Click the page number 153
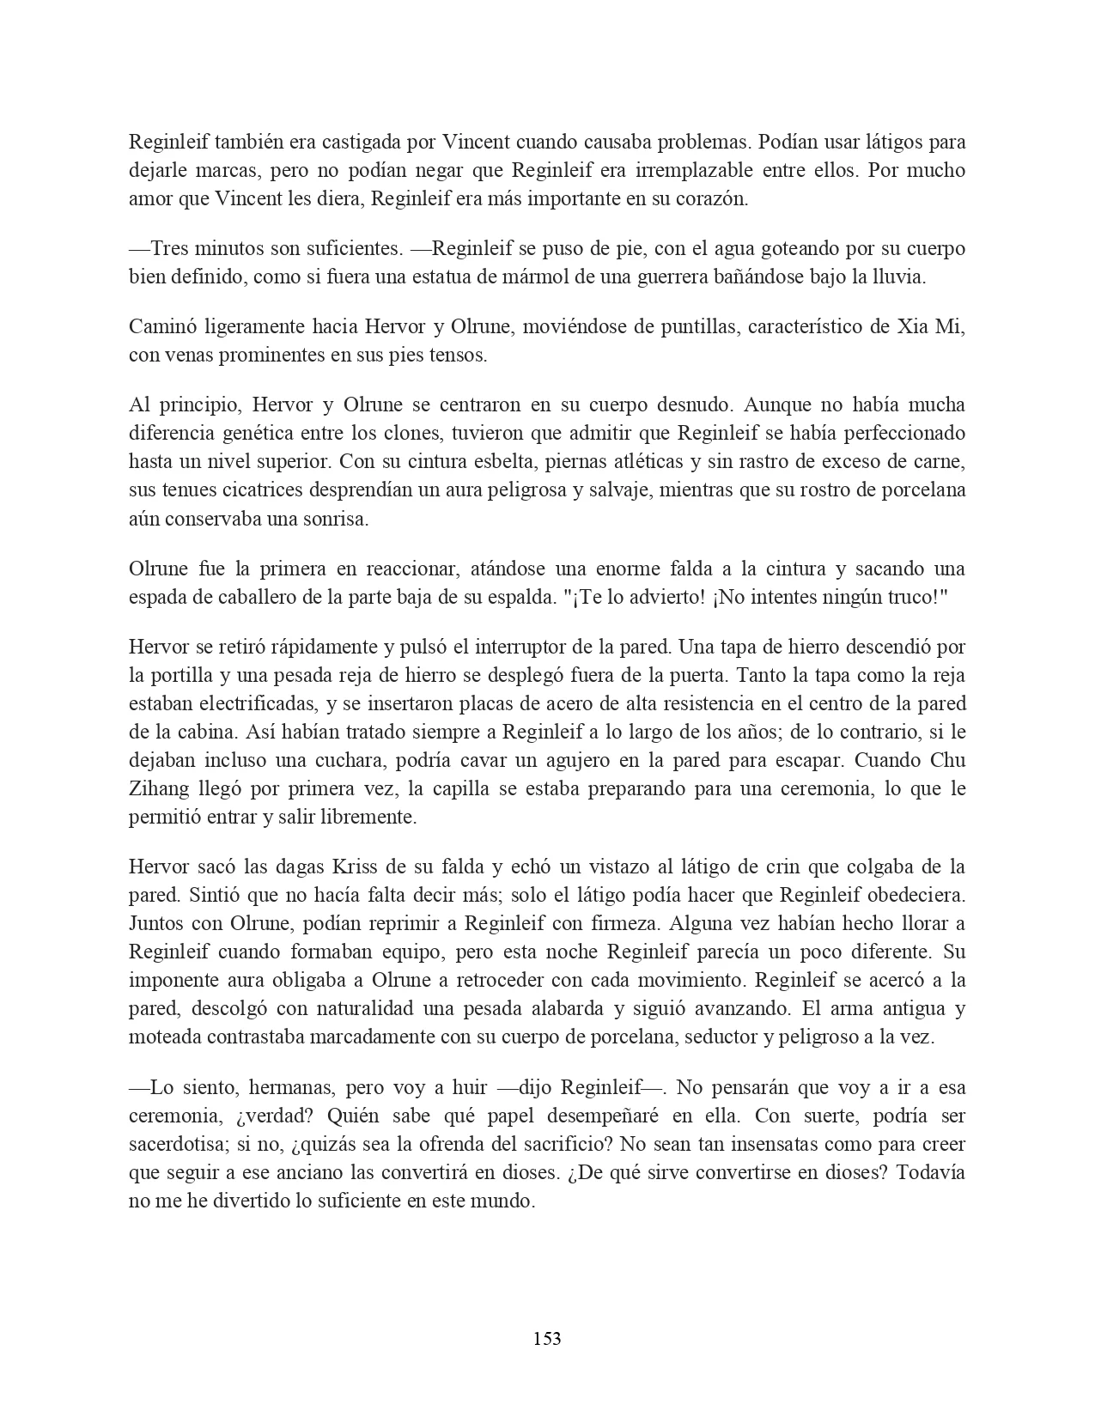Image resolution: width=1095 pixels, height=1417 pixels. [x=547, y=1338]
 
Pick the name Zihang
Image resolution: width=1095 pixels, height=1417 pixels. [x=159, y=789]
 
